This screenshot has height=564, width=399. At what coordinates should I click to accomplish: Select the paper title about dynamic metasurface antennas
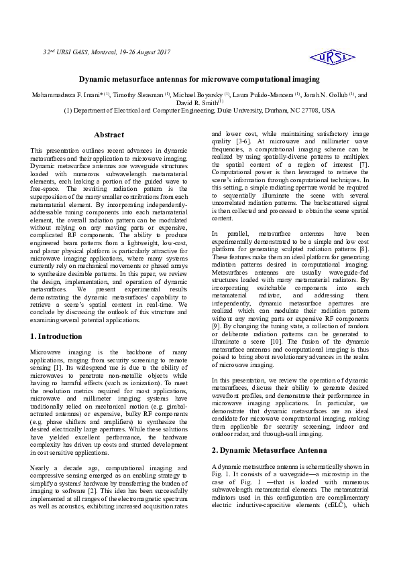[199, 79]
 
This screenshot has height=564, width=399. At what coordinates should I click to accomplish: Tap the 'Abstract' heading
[109, 135]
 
